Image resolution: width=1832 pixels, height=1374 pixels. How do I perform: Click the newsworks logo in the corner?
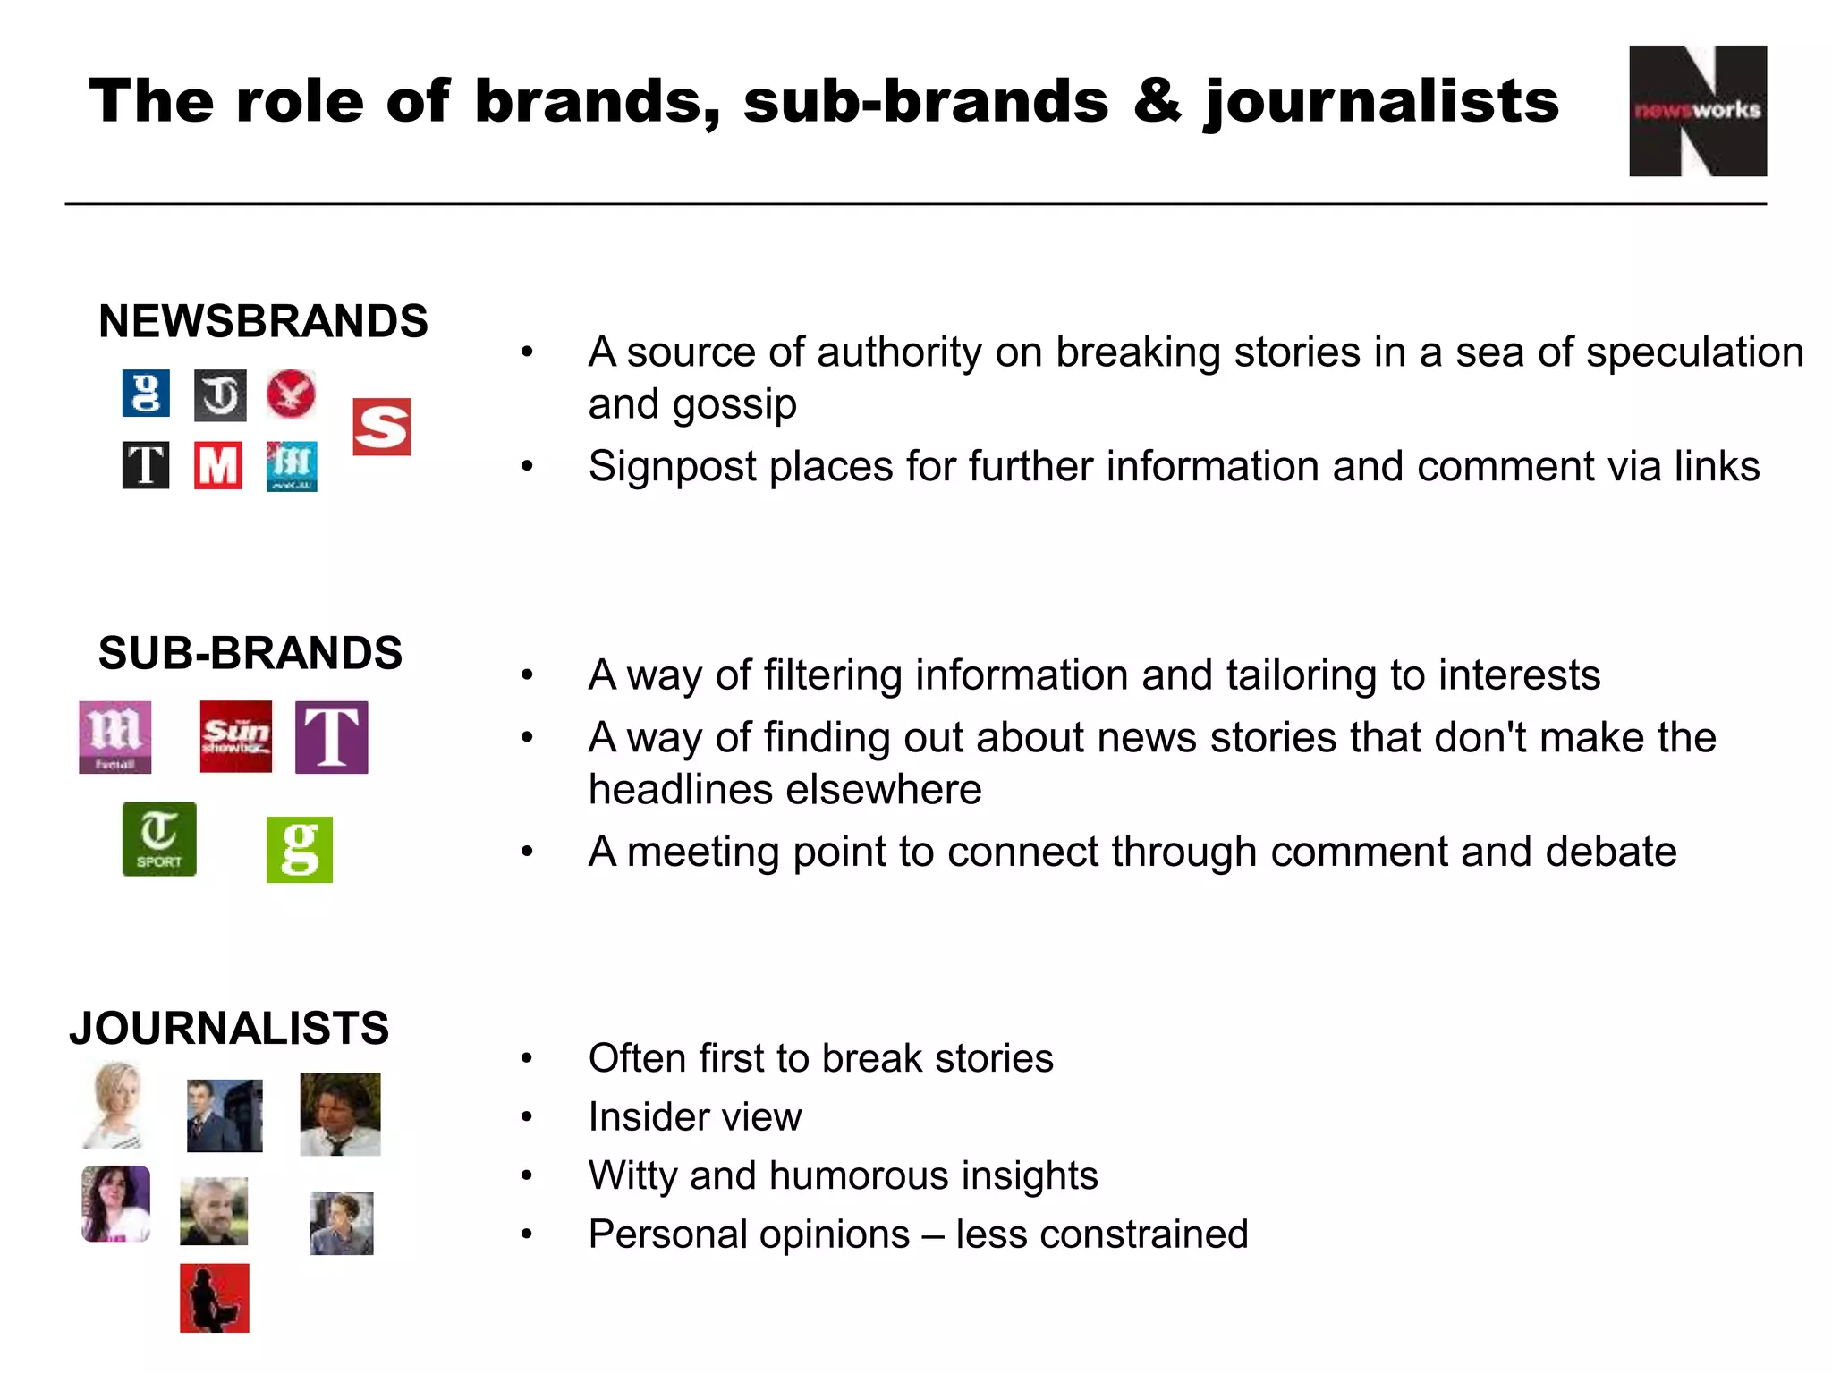tap(1697, 111)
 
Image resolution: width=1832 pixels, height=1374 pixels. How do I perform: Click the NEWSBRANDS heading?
tap(263, 321)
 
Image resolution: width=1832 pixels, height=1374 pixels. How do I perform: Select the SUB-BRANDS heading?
tap(250, 653)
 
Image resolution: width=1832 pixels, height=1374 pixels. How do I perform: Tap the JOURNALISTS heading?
tap(229, 1028)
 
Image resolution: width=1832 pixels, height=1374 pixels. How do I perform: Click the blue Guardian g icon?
tap(146, 394)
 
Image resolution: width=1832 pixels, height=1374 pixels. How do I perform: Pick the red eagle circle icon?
tap(291, 394)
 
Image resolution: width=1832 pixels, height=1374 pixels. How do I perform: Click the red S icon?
tap(381, 427)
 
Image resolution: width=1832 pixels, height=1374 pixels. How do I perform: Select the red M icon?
tap(218, 465)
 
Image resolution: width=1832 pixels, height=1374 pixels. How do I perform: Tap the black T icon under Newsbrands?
tap(146, 465)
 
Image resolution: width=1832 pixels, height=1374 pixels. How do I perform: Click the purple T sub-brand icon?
tap(331, 737)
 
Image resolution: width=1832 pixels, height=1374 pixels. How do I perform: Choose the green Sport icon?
tap(159, 839)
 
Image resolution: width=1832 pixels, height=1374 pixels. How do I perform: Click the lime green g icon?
tap(300, 850)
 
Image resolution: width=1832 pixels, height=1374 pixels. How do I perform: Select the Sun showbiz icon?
tap(235, 736)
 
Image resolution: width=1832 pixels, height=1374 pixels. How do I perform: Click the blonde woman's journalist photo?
tap(116, 1106)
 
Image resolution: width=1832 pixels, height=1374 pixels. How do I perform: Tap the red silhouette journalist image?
tap(215, 1298)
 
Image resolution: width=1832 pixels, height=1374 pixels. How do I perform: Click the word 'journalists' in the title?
tap(1381, 102)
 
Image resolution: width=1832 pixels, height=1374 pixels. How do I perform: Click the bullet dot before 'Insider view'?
tap(527, 1117)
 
